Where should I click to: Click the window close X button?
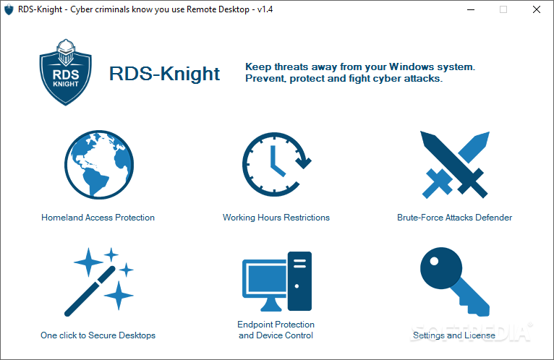[x=537, y=9]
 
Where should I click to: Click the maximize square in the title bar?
[x=503, y=9]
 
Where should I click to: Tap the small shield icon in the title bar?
[x=9, y=9]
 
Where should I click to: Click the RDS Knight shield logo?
[x=65, y=72]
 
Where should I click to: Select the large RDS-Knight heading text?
[x=164, y=74]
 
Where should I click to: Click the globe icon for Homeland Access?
[x=99, y=165]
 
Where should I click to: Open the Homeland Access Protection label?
[x=98, y=218]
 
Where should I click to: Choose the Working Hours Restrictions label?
[x=276, y=218]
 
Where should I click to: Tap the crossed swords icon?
[x=455, y=165]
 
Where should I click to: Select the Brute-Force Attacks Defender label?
[x=454, y=218]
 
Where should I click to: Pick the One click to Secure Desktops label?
[x=98, y=335]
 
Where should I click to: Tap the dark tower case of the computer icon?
[x=299, y=281]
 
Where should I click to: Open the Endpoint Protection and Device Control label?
[x=276, y=330]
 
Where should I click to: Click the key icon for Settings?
[x=454, y=282]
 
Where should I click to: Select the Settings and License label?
[x=454, y=335]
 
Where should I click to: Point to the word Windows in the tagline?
[x=412, y=67]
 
